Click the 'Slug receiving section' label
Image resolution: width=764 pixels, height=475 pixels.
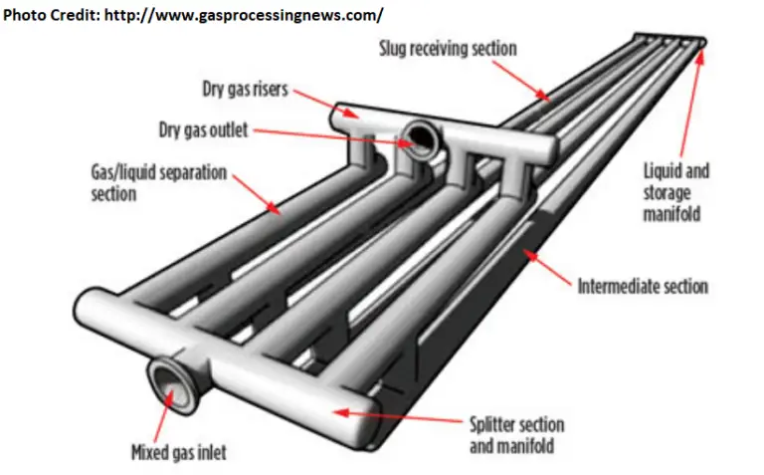[x=448, y=48]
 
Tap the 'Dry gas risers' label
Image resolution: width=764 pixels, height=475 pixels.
[x=244, y=89]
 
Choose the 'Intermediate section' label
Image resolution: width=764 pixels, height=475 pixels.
[x=643, y=287]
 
